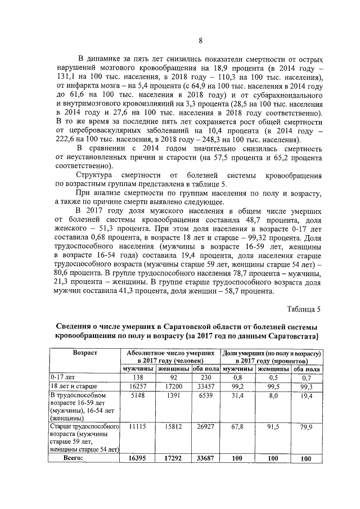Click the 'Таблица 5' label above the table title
tap(304, 309)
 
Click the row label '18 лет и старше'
tap(75, 387)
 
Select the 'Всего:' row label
tap(71, 458)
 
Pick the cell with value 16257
tap(138, 387)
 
